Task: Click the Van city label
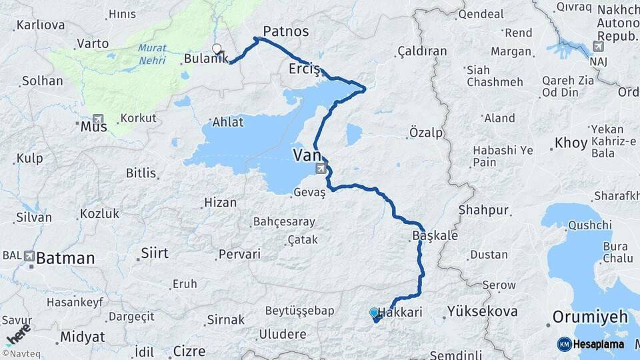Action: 306,155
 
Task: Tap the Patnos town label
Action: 286,31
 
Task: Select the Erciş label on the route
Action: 305,69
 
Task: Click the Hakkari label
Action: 401,312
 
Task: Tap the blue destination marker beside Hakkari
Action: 374,312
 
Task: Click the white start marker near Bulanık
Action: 217,48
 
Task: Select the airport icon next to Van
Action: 321,168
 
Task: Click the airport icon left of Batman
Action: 29,255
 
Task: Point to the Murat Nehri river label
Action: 153,54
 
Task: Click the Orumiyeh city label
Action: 591,317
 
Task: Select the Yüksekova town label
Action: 482,311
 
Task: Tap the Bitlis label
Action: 141,173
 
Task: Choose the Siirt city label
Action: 155,253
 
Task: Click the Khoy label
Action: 571,143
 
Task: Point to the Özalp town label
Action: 426,133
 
